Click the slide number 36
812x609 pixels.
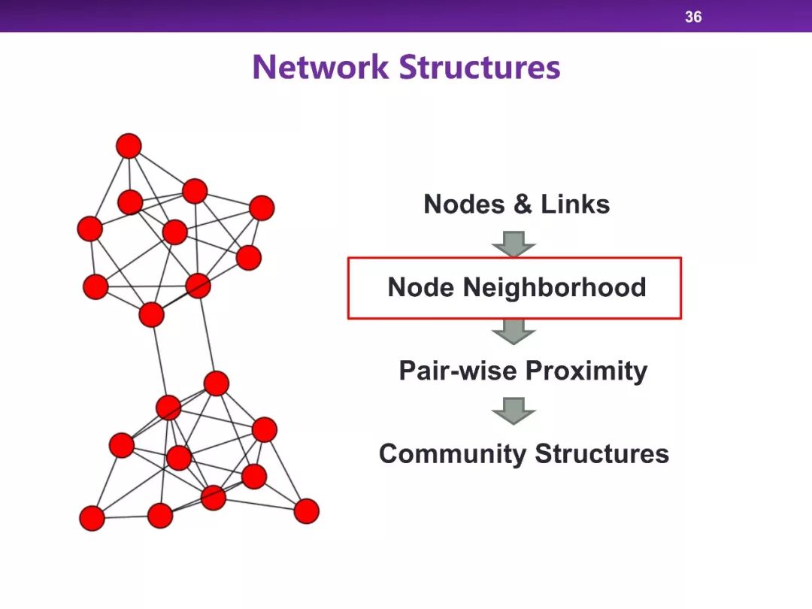[693, 17]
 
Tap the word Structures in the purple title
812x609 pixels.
[480, 67]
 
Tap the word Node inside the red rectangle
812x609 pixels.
[420, 287]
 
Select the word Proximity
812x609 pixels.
[586, 371]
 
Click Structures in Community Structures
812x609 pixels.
[601, 453]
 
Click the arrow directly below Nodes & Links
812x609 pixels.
[514, 244]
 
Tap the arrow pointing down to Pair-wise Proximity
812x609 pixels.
[514, 330]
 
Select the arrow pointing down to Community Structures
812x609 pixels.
[514, 411]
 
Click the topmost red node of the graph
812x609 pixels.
[129, 145]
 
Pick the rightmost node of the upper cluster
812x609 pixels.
[262, 208]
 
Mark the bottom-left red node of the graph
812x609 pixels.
[92, 518]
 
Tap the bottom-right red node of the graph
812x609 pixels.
[306, 511]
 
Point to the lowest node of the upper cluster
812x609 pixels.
[151, 314]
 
